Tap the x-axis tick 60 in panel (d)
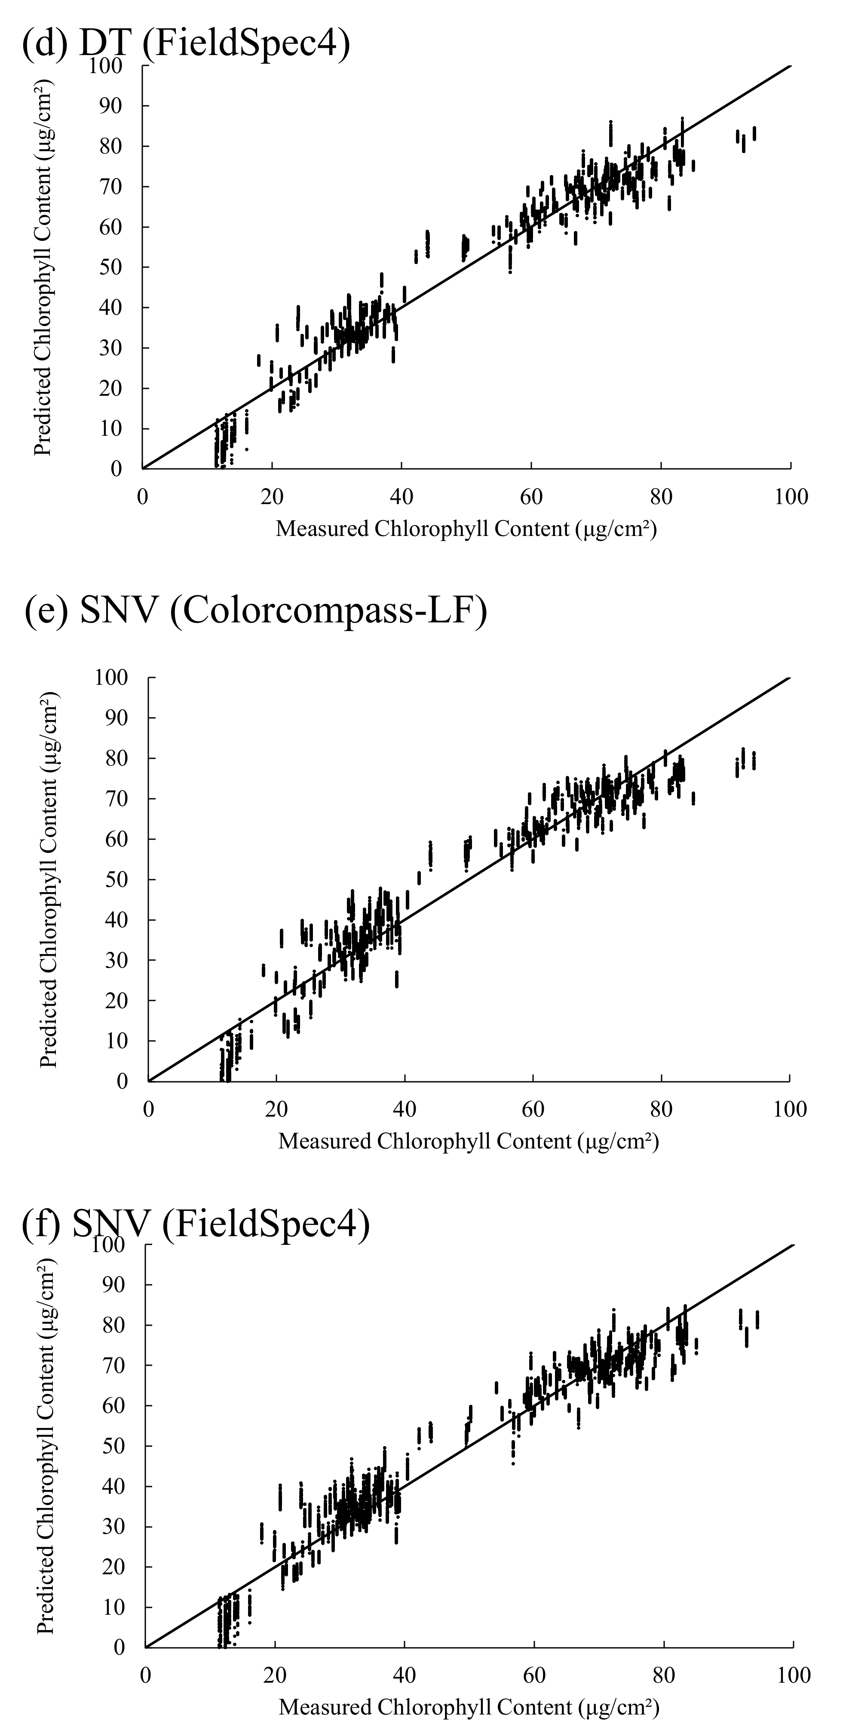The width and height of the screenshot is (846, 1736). [531, 497]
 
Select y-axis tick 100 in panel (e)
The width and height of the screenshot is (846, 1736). [112, 677]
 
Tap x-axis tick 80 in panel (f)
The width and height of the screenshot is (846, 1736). [664, 1675]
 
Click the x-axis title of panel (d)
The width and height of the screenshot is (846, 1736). [466, 529]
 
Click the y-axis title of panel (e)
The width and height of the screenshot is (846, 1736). [49, 880]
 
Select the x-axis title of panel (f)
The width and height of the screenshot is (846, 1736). [469, 1707]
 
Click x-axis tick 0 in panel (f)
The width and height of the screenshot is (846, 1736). [145, 1675]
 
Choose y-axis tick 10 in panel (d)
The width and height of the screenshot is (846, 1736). [112, 428]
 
